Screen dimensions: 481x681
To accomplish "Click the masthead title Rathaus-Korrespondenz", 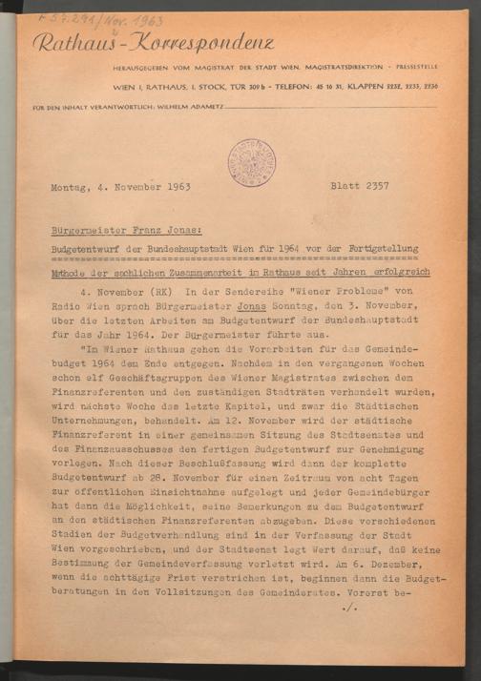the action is click(153, 43).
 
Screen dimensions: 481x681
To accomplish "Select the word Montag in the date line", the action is click(71, 189).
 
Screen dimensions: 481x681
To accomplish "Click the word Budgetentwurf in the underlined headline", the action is click(91, 250).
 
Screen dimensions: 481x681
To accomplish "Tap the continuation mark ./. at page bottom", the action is click(350, 605).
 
